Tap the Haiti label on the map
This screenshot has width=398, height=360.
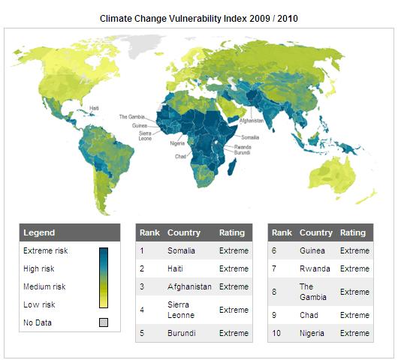click(94, 108)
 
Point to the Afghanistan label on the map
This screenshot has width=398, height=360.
click(252, 121)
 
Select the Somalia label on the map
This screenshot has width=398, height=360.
click(250, 137)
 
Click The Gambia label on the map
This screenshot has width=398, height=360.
click(131, 116)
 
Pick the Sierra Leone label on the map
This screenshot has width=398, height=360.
click(145, 136)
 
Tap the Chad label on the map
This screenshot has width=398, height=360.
click(180, 157)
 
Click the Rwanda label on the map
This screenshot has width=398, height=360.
click(243, 147)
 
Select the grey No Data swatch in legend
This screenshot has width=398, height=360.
click(104, 322)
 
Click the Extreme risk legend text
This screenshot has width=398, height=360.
click(46, 250)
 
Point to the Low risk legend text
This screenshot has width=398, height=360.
click(39, 304)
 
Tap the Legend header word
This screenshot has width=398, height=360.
click(39, 232)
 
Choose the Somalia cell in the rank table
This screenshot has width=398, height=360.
click(181, 250)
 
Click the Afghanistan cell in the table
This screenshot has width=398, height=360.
click(189, 286)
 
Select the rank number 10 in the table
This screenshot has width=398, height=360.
click(276, 333)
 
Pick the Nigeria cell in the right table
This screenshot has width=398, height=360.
click(312, 333)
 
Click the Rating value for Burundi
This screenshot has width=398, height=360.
click(234, 333)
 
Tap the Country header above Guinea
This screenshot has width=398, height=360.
click(316, 232)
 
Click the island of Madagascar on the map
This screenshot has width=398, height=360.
click(232, 166)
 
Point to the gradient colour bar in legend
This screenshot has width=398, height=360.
click(104, 277)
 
